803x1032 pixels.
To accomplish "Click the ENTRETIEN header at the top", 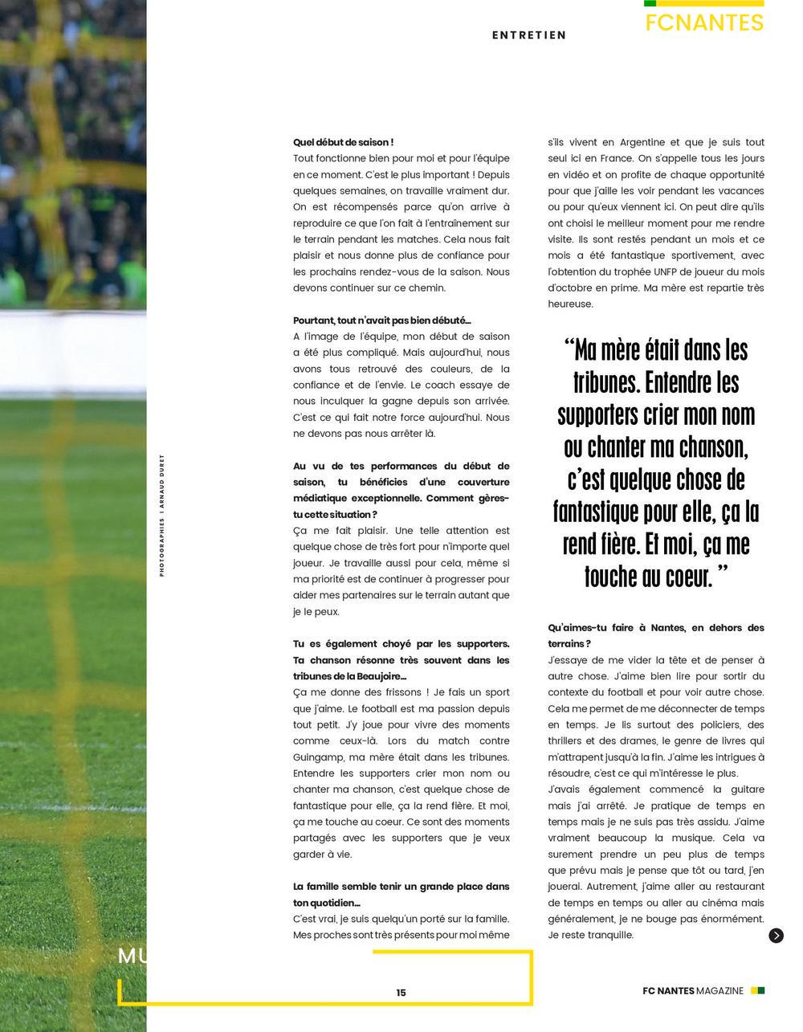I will (x=529, y=35).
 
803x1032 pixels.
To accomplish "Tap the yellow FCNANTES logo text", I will (x=704, y=22).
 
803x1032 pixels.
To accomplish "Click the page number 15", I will (x=401, y=993).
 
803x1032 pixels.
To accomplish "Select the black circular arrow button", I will (x=776, y=936).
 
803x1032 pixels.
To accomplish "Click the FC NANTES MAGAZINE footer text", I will (x=693, y=991).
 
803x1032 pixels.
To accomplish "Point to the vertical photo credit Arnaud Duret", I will (x=161, y=515).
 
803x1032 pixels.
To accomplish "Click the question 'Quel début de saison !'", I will (x=343, y=142).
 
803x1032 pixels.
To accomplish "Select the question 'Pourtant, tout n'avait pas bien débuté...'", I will (x=382, y=320).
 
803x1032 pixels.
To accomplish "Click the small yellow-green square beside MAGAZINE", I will (x=757, y=991).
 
